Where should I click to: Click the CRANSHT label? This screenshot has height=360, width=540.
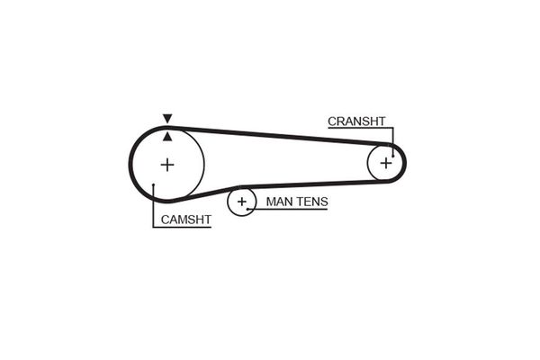356,121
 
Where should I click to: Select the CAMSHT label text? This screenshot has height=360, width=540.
186,220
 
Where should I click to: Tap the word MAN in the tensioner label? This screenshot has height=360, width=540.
278,202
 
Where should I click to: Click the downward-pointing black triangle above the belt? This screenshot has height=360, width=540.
167,118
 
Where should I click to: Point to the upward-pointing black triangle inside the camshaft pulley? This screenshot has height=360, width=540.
167,137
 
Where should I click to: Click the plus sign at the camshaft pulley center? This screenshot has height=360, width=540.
167,165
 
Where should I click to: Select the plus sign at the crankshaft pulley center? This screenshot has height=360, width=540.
386,163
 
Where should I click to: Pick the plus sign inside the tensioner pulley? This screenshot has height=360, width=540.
242,202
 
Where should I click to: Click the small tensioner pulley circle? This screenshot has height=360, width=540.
228,202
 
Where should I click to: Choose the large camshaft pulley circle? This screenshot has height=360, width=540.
204,165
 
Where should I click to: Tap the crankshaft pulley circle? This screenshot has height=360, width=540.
368,163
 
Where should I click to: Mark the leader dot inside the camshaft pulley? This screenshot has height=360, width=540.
154,185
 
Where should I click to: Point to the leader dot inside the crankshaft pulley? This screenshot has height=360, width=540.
393,156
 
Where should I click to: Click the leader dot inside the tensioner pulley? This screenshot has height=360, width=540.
247,209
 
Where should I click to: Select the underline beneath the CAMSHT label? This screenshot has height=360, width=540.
182,228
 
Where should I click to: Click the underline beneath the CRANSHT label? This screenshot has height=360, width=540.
361,128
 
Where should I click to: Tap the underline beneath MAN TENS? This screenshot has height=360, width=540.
288,209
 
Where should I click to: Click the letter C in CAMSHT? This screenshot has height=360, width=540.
165,220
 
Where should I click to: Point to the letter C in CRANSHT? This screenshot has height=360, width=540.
332,121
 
